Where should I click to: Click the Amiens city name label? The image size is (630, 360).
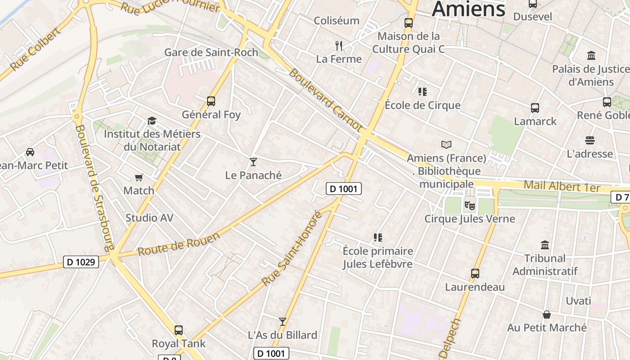tap(468, 9)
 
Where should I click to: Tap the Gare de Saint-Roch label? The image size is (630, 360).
tap(211, 52)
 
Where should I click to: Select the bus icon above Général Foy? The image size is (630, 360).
tap(211, 101)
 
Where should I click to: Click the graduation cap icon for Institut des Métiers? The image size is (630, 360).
tap(152, 121)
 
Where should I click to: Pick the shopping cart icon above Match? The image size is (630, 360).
tap(139, 178)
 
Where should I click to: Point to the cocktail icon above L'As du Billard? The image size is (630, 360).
tap(283, 322)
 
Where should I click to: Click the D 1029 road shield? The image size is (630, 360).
tap(81, 261)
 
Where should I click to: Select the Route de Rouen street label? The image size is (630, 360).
tap(179, 244)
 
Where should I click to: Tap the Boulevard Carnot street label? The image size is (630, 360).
tap(325, 100)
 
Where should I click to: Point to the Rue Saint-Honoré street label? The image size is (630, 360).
tap(292, 248)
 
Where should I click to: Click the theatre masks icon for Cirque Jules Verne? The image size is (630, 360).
tap(469, 206)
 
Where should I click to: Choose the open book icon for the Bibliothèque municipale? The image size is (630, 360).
tap(446, 145)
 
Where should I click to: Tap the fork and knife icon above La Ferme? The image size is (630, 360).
tap(339, 45)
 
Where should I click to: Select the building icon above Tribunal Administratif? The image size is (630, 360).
tap(545, 245)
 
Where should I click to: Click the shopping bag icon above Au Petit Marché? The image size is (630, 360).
tap(547, 315)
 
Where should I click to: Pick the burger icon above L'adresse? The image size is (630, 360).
tap(590, 140)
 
